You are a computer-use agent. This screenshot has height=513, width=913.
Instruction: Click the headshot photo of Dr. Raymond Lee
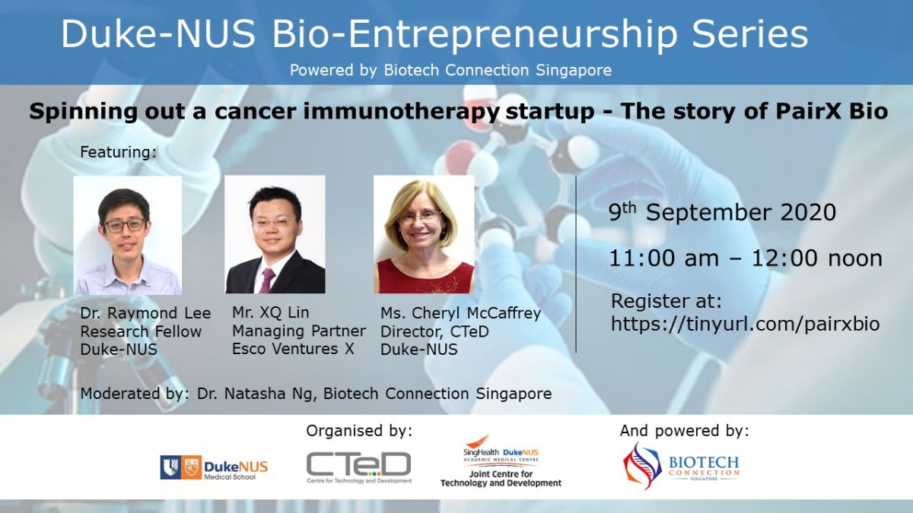click(x=128, y=236)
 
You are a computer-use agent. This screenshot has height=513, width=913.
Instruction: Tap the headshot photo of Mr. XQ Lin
click(x=275, y=235)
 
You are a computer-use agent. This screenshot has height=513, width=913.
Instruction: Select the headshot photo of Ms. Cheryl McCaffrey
click(x=424, y=235)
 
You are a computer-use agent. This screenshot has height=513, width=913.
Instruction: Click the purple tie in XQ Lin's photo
click(x=267, y=280)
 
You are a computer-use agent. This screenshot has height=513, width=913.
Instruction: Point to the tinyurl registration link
click(x=745, y=324)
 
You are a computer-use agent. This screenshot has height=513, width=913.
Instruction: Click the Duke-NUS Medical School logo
click(x=214, y=467)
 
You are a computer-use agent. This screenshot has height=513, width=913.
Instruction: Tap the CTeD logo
click(x=358, y=467)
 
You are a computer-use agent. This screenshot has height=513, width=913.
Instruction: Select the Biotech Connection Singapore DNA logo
click(x=681, y=466)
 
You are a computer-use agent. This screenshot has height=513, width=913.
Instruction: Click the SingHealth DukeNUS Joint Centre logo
click(x=501, y=461)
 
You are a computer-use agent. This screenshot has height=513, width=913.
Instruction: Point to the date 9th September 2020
click(x=722, y=212)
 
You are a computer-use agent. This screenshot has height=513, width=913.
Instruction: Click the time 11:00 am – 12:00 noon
click(x=746, y=258)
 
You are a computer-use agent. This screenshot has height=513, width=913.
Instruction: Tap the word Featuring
click(x=118, y=152)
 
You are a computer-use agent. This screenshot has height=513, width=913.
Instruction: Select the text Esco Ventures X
click(x=293, y=349)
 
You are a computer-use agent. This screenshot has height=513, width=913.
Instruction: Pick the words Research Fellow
click(x=141, y=332)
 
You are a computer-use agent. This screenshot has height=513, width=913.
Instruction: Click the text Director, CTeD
click(x=434, y=332)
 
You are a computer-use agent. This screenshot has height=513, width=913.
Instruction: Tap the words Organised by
click(x=359, y=431)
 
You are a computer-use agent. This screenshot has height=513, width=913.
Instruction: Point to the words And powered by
click(x=684, y=431)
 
